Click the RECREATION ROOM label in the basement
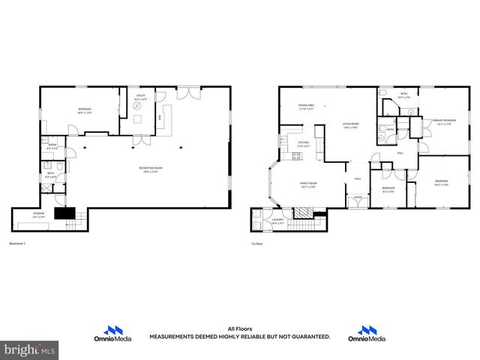click(151, 168)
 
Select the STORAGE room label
click(38, 214)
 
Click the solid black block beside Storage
click(66, 214)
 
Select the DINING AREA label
click(306, 107)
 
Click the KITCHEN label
click(304, 143)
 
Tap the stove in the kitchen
click(296, 157)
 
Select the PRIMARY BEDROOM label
click(444, 122)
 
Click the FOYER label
click(358, 197)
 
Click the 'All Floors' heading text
click(239, 328)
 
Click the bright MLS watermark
click(30, 349)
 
